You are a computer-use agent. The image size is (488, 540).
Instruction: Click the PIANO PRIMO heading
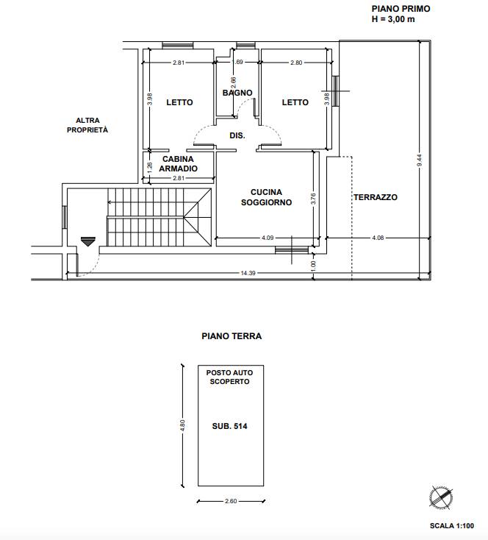pyautogui.click(x=401, y=9)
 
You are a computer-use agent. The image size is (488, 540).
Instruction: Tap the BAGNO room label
pyautogui.click(x=237, y=93)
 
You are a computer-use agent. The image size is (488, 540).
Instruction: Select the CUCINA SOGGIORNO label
pyautogui.click(x=266, y=197)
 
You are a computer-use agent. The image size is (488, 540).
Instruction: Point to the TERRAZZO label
pyautogui.click(x=376, y=197)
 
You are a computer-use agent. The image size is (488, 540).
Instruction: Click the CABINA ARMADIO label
pyautogui.click(x=179, y=163)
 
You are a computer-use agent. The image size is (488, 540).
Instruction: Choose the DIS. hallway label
pyautogui.click(x=237, y=135)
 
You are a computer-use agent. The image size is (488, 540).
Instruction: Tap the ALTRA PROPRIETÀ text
pyautogui.click(x=87, y=125)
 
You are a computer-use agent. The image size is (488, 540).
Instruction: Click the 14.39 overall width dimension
pyautogui.click(x=248, y=273)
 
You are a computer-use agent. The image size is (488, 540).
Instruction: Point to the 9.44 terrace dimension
pyautogui.click(x=419, y=160)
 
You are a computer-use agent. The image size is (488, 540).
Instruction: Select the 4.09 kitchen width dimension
pyautogui.click(x=268, y=238)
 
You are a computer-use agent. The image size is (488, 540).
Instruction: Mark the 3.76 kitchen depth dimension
pyautogui.click(x=313, y=199)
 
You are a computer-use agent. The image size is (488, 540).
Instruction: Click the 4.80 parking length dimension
pyautogui.click(x=183, y=425)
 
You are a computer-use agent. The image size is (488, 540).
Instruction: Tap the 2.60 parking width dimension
pyautogui.click(x=231, y=501)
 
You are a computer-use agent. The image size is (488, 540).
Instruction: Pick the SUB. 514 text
pyautogui.click(x=229, y=426)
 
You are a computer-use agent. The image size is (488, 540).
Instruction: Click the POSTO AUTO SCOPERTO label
pyautogui.click(x=229, y=377)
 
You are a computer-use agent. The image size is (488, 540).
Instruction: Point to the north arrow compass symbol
pyautogui.click(x=441, y=497)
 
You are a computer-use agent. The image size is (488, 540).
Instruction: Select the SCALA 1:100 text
pyautogui.click(x=452, y=526)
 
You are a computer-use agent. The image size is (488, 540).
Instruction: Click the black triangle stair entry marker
pyautogui.click(x=88, y=241)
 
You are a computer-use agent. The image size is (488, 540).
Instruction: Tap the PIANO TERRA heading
pyautogui.click(x=232, y=336)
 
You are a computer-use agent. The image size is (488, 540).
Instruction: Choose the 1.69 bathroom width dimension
pyautogui.click(x=237, y=62)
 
